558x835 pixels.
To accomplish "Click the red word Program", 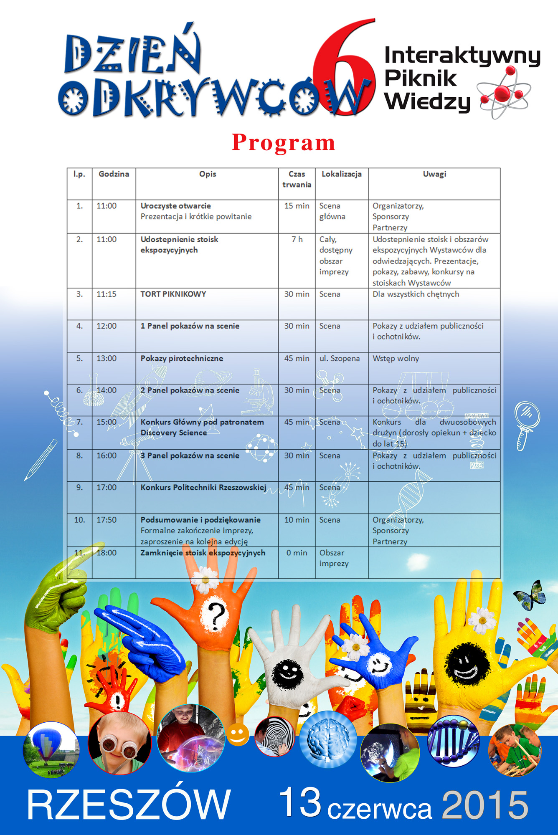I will (x=284, y=143).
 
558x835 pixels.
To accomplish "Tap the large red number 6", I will (x=343, y=67).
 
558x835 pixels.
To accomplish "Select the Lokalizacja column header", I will (x=341, y=174).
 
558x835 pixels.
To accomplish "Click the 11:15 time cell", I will (x=107, y=294).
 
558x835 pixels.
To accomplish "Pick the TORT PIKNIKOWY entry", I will (x=173, y=294).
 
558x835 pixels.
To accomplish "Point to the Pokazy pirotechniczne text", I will (x=182, y=358).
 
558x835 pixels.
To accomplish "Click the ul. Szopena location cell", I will (x=339, y=358).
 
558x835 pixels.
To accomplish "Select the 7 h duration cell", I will (x=297, y=239).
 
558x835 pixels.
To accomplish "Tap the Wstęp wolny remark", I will (x=396, y=358).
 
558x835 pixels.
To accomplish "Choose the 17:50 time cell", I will (x=107, y=520).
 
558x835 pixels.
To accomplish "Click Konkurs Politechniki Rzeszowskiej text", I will (x=203, y=487).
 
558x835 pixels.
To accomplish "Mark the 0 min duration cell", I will (x=297, y=553).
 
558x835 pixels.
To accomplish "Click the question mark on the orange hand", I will (x=216, y=616).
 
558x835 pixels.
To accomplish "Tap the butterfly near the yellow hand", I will (x=530, y=595).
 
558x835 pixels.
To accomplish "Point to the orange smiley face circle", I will (x=238, y=735).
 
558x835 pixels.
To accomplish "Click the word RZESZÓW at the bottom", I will (x=129, y=805).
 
